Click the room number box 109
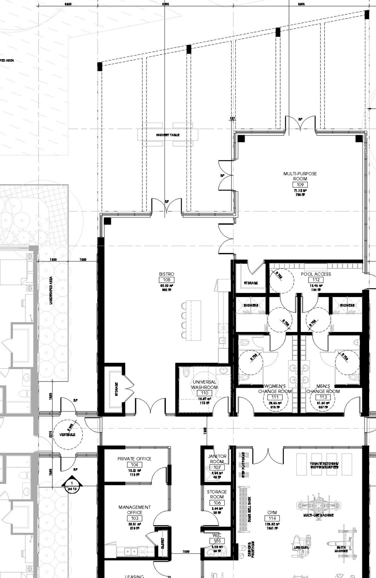click(300, 185)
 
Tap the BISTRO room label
click(166, 274)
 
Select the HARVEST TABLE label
click(168, 135)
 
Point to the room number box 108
click(166, 280)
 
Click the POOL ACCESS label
click(316, 274)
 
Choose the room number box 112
click(316, 280)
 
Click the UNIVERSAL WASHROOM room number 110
click(205, 393)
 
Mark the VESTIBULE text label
click(67, 435)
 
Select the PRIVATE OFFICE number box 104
click(134, 465)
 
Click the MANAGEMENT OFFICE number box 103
click(134, 518)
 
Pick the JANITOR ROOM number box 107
click(217, 467)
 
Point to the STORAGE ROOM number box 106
click(217, 503)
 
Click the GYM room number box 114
click(272, 518)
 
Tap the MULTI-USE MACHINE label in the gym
click(318, 515)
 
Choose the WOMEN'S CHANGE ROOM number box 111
click(275, 397)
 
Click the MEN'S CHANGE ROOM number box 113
click(323, 397)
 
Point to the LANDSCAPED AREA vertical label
click(51, 290)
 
